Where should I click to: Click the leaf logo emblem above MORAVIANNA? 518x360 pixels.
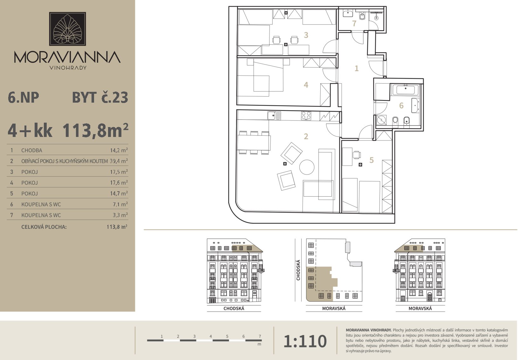click(x=67, y=29)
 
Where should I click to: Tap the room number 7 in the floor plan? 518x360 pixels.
click(x=354, y=24)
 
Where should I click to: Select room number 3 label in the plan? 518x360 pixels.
click(x=306, y=35)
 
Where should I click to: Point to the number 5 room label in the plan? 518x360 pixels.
click(x=371, y=160)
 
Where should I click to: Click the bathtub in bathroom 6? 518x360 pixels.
click(x=407, y=90)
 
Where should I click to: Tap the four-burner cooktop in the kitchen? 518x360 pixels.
click(x=306, y=116)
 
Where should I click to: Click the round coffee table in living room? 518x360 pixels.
click(x=307, y=167)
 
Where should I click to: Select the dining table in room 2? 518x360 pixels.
click(x=254, y=143)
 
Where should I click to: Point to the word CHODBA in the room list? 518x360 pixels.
click(x=32, y=151)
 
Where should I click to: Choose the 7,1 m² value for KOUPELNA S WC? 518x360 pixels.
click(x=120, y=204)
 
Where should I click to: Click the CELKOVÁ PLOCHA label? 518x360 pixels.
click(x=44, y=227)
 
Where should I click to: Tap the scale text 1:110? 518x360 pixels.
click(x=305, y=341)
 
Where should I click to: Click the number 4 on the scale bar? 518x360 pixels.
click(x=211, y=336)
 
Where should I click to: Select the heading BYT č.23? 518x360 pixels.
click(x=100, y=98)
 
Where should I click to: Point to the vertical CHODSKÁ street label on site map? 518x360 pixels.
click(x=298, y=270)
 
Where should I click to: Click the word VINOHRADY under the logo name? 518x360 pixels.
click(x=68, y=68)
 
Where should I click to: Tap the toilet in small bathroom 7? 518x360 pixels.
click(x=362, y=16)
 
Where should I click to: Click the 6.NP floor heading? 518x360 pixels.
click(x=23, y=98)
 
